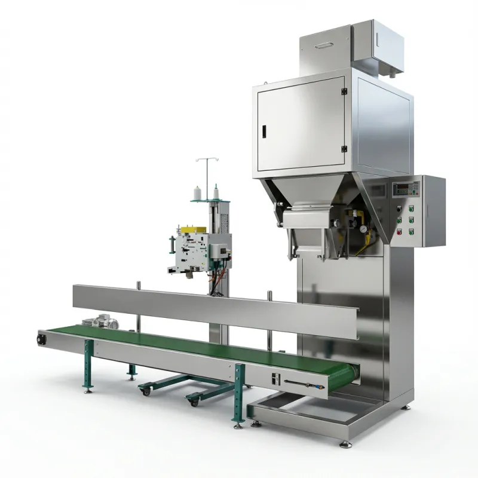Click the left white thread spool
tap(196, 193)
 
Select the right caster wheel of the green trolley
tap(193, 402)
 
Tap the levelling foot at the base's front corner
tap(345, 443)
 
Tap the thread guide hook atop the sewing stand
tap(205, 161)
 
